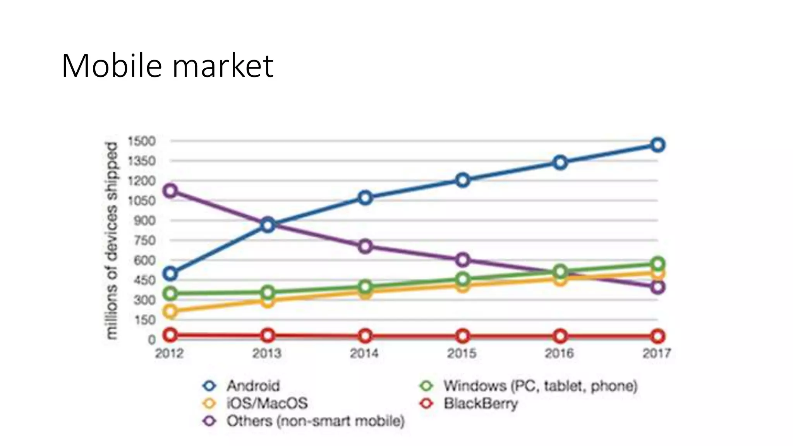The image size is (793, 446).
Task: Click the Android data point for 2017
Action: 657,145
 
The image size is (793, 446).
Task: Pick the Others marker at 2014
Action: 365,246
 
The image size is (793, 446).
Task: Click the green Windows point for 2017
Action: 657,264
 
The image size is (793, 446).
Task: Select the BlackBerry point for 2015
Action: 463,336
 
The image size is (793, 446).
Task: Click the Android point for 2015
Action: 463,180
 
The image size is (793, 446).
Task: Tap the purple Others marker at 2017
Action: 657,287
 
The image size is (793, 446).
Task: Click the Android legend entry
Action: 252,386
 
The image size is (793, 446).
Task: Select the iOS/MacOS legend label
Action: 267,403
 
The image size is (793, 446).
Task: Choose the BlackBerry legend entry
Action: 480,403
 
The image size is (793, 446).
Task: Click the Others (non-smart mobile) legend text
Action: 315,421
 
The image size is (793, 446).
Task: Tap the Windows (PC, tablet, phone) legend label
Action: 540,386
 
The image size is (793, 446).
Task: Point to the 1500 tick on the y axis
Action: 142,141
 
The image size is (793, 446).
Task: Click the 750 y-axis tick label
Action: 144,240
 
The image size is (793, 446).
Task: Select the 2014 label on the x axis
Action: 364,353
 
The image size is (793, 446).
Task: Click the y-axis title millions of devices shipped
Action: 112,240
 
